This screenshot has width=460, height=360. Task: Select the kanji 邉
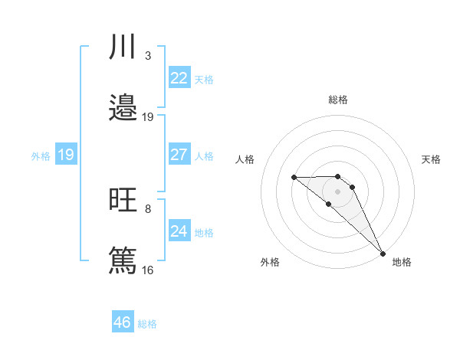[123, 108]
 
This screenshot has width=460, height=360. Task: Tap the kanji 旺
[123, 201]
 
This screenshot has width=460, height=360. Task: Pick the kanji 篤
[123, 260]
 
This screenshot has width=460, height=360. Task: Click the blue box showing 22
[179, 78]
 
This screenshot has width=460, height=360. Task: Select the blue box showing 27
[179, 155]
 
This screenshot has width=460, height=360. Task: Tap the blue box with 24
[179, 231]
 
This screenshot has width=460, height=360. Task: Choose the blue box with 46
[123, 322]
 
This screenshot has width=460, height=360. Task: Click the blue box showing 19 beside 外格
[66, 155]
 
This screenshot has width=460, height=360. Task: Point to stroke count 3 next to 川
[147, 56]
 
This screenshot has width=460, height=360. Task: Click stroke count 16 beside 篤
[147, 270]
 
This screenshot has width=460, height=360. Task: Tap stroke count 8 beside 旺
[147, 208]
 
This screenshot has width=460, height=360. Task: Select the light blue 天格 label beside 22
[204, 80]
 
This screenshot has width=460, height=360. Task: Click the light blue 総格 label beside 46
[147, 324]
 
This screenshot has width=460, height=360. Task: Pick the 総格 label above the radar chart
[338, 100]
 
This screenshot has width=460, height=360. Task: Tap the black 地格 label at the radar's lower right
[402, 262]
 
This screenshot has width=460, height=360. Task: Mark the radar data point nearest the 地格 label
[383, 254]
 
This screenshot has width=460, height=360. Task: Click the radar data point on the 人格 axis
[294, 177]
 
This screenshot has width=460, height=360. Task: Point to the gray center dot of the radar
[337, 191]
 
